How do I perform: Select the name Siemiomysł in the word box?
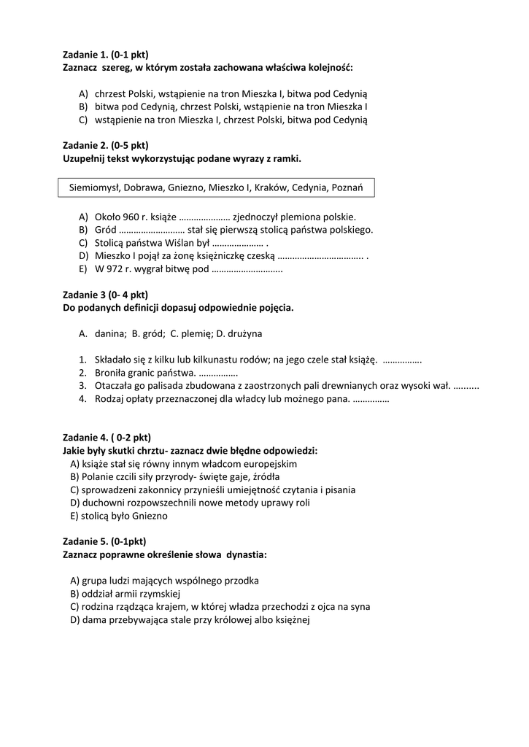[x=93, y=187]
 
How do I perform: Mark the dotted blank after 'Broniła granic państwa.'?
[x=218, y=373]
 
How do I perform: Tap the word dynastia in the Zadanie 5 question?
[x=247, y=554]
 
